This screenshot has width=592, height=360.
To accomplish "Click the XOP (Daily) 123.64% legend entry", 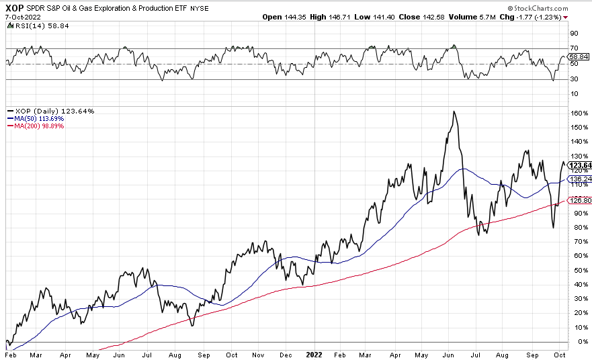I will coord(51,111).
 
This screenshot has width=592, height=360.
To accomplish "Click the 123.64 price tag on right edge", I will coord(579,165).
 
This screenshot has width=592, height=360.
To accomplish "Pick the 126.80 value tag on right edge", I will coord(579,200).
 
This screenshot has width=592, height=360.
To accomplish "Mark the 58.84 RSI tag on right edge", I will coord(579,58).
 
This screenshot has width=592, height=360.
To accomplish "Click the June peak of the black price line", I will coord(454,111).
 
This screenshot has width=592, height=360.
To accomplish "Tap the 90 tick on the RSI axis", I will coord(575,32).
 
